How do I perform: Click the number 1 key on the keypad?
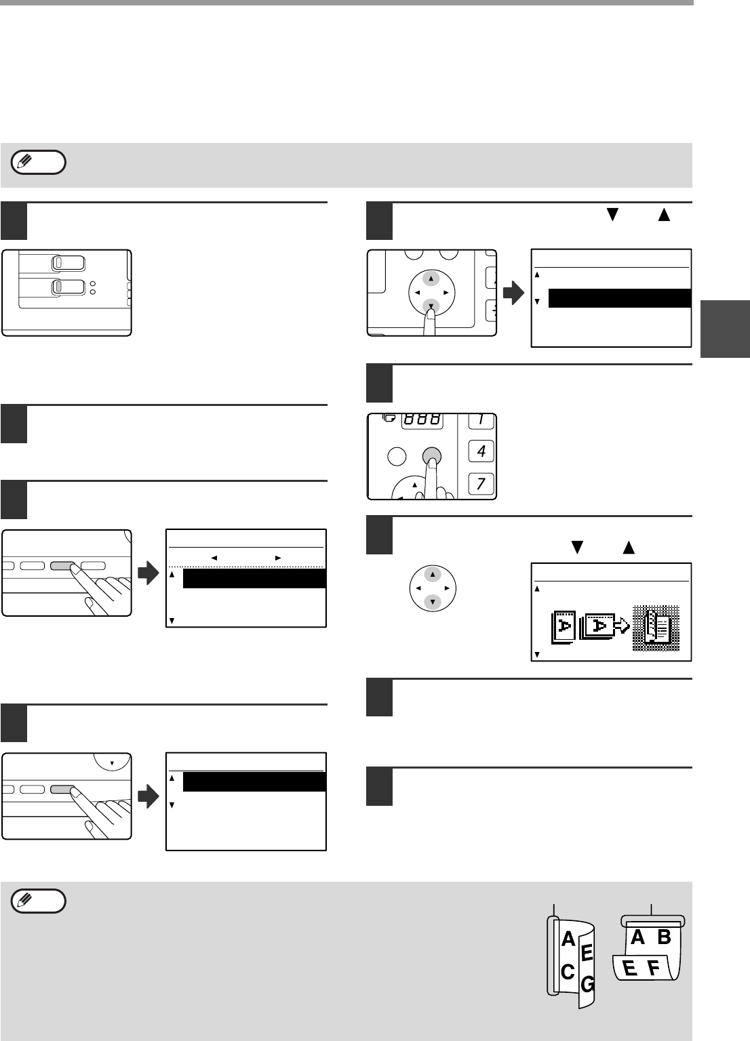coord(481,420)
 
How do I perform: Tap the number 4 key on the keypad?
coord(481,451)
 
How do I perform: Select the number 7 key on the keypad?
coord(481,484)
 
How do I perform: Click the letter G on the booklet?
coord(588,982)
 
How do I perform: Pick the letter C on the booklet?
coord(568,971)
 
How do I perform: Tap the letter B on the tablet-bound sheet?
coord(664,937)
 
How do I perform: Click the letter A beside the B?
coord(637,937)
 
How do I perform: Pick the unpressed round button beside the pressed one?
coord(397,456)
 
